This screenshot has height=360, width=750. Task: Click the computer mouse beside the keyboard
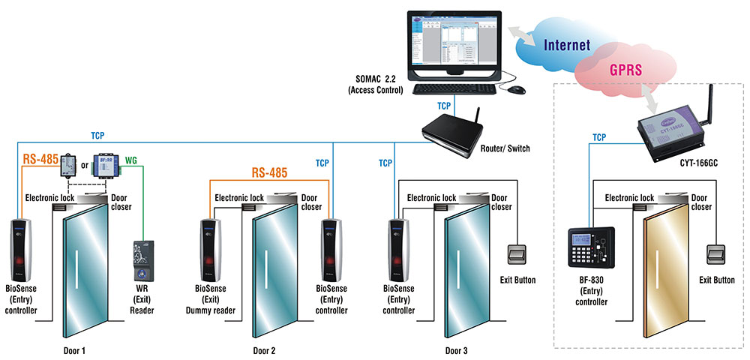(x=515, y=90)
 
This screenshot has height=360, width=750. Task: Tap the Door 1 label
(x=77, y=350)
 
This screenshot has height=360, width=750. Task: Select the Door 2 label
(x=265, y=350)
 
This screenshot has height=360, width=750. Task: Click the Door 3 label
(x=457, y=350)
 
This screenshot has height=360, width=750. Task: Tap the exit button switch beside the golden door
(x=715, y=255)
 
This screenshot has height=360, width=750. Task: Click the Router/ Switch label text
(x=504, y=148)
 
